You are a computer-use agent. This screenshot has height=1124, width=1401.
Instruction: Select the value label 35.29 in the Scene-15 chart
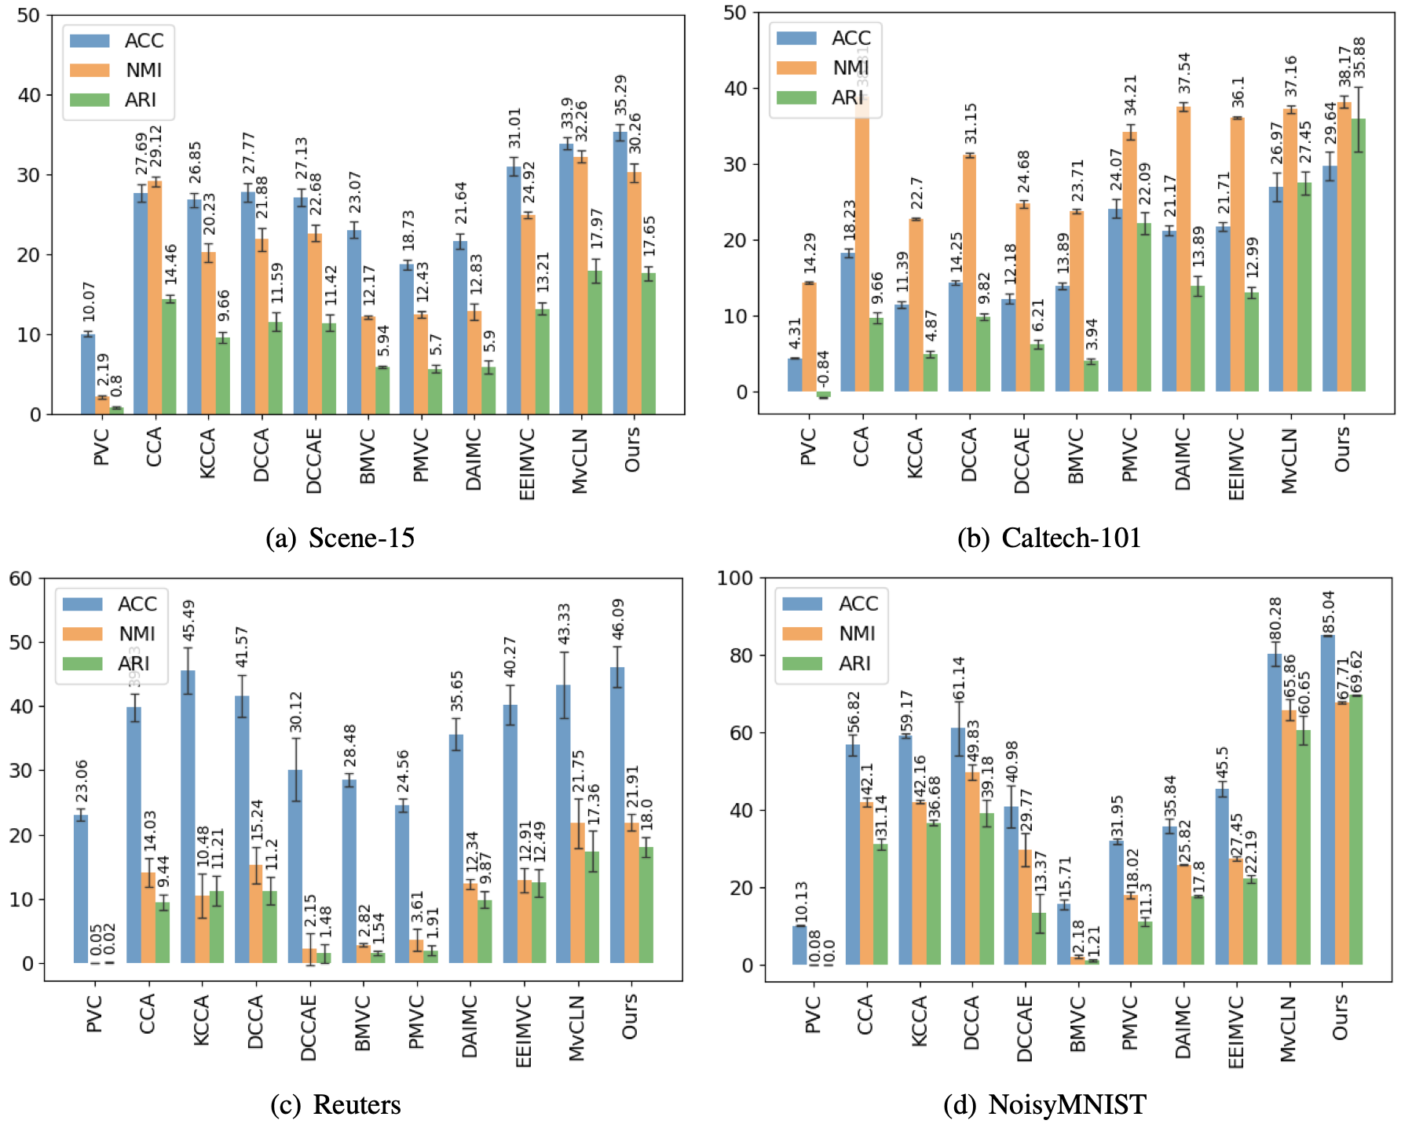[x=620, y=95]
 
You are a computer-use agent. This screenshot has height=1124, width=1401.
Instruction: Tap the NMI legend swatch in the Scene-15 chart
[x=90, y=70]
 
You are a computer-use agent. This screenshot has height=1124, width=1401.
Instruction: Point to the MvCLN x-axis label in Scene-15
[x=580, y=461]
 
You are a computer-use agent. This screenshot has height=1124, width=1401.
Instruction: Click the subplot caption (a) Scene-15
[x=340, y=538]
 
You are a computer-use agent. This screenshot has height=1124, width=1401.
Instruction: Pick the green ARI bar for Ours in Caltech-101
[x=1358, y=255]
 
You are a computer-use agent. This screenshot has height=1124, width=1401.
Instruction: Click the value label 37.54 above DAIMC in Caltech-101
[x=1183, y=73]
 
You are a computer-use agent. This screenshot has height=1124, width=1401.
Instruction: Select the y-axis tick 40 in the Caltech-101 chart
[x=735, y=89]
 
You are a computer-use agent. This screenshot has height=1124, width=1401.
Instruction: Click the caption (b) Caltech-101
[x=1048, y=538]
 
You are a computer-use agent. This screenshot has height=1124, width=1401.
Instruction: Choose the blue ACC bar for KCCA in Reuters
[x=188, y=816]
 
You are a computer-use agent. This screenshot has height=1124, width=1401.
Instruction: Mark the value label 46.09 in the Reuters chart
[x=618, y=619]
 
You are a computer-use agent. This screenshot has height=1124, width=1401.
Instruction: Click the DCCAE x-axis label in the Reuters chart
[x=309, y=1027]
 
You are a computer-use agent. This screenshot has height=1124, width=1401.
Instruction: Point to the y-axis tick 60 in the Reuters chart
[x=20, y=578]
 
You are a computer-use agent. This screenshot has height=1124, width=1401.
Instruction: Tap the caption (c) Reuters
[x=335, y=1104]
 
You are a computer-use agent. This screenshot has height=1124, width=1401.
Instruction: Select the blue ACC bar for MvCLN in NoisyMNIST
[x=1275, y=808]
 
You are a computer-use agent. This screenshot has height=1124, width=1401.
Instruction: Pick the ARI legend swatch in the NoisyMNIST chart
[x=802, y=663]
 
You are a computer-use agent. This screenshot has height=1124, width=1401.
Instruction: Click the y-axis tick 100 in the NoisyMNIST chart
[x=735, y=578]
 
